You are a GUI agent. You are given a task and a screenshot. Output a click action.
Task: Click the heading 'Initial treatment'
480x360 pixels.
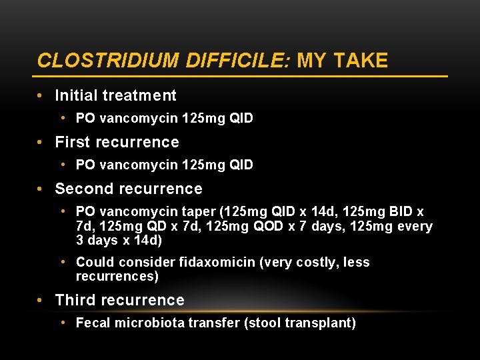[x=115, y=96]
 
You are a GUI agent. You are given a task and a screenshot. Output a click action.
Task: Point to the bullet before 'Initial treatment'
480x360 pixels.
[x=41, y=96]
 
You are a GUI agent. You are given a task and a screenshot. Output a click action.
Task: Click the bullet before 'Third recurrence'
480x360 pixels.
[x=41, y=301]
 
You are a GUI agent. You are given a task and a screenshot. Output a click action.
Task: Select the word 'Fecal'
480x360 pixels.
[x=93, y=323]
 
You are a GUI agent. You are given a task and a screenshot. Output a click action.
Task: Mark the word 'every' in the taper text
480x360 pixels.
[x=415, y=227]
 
